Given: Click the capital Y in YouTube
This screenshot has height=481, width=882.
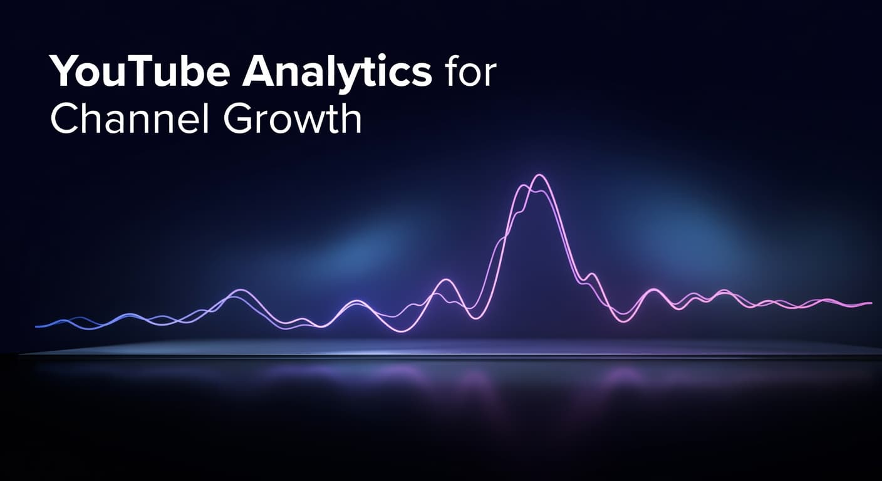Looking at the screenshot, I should point(64,73).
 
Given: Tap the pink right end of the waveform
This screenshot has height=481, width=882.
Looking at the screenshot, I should point(869,303).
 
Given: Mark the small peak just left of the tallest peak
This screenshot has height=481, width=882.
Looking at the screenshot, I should point(446,280).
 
